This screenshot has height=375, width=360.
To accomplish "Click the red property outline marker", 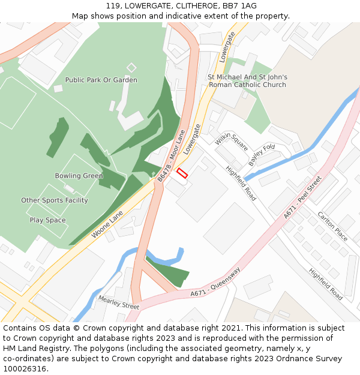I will click(x=182, y=173).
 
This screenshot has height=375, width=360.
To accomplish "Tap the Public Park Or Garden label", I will click(x=101, y=80).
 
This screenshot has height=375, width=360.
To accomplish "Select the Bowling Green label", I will click(x=79, y=176).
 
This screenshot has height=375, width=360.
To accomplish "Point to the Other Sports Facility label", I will click(x=55, y=200).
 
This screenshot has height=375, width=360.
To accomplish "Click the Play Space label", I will click(x=48, y=220).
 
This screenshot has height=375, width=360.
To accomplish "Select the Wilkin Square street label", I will click(x=232, y=141).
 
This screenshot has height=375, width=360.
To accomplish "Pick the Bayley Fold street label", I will click(x=262, y=155).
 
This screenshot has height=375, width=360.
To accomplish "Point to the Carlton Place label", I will click(x=332, y=226).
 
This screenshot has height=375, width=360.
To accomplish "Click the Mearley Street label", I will click(x=118, y=301).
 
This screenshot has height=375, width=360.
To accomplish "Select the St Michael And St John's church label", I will click(x=247, y=81).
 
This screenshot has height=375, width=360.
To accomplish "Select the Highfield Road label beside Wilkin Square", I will click(x=241, y=182).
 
